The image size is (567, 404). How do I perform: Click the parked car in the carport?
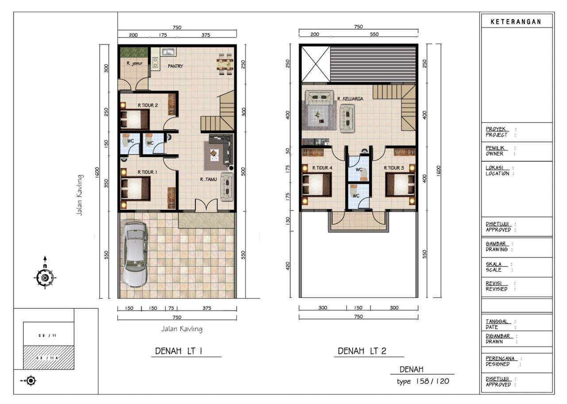[x=135, y=255]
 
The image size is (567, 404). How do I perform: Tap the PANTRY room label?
[x=175, y=66]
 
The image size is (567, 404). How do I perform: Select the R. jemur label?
[x=134, y=63]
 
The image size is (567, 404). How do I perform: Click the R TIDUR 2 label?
[x=148, y=105]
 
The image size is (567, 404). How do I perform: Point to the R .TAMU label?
[x=208, y=179]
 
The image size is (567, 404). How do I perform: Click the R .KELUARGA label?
[x=350, y=99]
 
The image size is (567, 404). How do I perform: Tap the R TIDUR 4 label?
[x=322, y=168]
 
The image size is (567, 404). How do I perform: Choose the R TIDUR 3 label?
[x=394, y=168]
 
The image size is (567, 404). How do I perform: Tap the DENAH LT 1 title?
[x=179, y=351]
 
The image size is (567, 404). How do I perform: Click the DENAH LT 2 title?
[x=362, y=351]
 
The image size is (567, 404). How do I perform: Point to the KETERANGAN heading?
[x=516, y=22]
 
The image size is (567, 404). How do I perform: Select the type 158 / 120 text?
[x=423, y=381]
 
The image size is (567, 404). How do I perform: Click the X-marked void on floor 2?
[x=316, y=64]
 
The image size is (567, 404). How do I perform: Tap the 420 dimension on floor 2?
[x=288, y=266]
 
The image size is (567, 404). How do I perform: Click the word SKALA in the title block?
[x=493, y=264]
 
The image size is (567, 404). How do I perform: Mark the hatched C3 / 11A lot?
[x=49, y=357]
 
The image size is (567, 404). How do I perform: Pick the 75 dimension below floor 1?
[x=171, y=308]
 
